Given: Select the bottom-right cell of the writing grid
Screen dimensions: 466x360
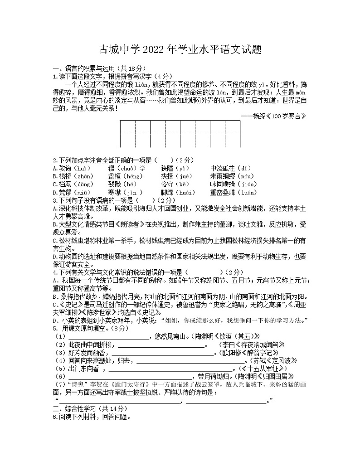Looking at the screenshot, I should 233,141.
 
